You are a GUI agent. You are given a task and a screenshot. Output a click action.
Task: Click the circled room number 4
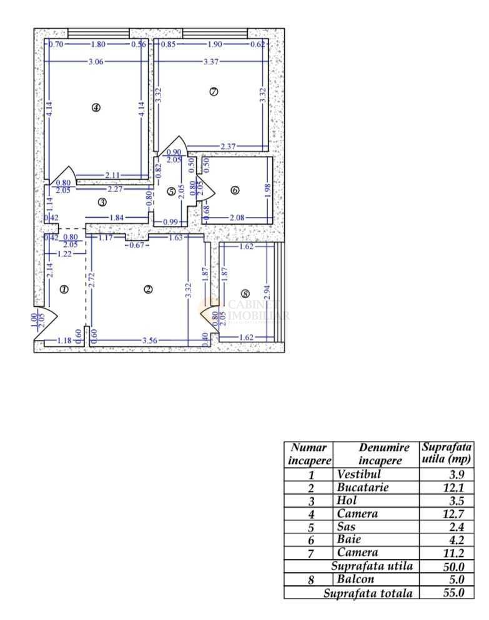click(x=96, y=107)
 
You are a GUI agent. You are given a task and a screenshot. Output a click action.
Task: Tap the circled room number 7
click(x=214, y=92)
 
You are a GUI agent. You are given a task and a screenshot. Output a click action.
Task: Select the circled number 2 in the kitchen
click(x=148, y=289)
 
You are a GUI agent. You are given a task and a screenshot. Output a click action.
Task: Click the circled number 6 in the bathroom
click(x=235, y=190)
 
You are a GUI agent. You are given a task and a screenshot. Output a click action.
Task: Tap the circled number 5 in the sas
click(x=171, y=191)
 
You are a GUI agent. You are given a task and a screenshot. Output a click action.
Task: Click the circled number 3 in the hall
click(x=102, y=201)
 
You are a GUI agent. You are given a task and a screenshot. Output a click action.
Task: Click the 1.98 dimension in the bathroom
click(x=268, y=190)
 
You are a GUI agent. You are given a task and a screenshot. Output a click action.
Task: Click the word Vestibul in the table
click(x=358, y=474)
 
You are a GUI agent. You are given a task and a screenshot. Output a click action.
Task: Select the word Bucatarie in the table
click(x=362, y=487)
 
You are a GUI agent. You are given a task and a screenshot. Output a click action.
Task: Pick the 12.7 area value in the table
click(x=454, y=514)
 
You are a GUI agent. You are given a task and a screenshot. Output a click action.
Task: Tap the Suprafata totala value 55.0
click(x=454, y=593)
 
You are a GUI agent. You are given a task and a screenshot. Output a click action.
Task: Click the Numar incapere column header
click(x=309, y=454)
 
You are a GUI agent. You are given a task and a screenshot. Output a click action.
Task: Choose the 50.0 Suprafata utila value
click(x=454, y=566)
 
